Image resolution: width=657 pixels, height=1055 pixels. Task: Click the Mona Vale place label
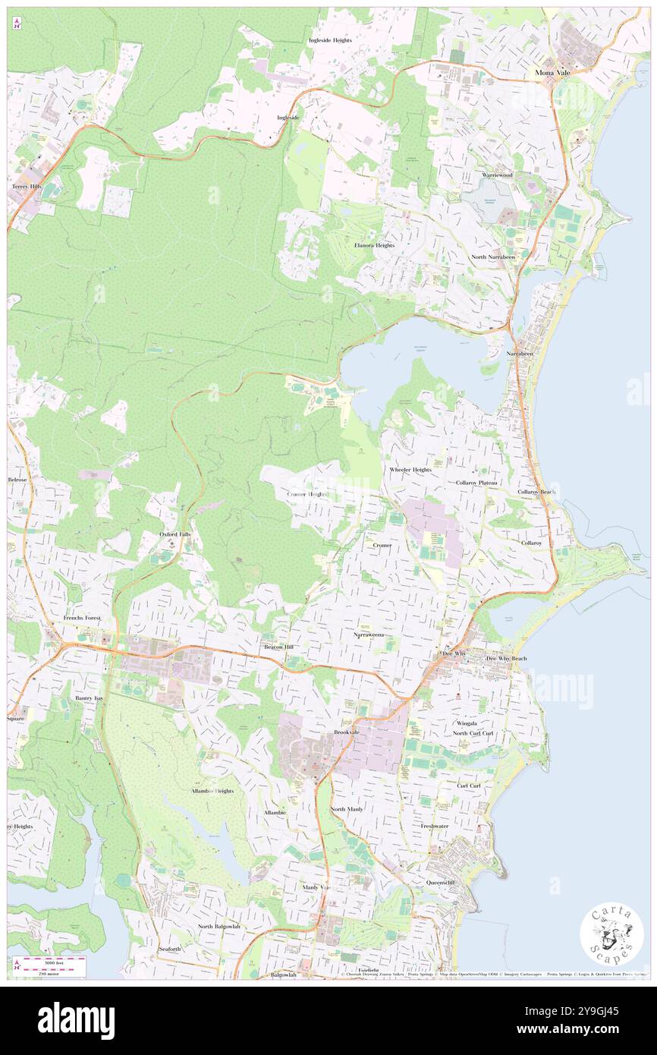tap(552, 71)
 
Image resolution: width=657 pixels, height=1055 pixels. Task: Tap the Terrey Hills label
tap(25, 186)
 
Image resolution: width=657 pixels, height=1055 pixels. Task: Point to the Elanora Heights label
tap(375, 245)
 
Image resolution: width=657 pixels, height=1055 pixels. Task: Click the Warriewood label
tap(497, 175)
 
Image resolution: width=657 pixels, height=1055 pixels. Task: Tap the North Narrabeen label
tap(492, 257)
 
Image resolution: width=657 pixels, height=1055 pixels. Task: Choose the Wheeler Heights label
tap(410, 470)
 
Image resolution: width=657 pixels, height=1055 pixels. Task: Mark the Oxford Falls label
tap(175, 534)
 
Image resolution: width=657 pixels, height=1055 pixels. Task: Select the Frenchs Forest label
tap(82, 618)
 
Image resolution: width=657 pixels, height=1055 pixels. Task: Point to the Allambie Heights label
tap(212, 790)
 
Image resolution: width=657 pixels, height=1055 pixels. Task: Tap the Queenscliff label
tap(441, 883)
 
